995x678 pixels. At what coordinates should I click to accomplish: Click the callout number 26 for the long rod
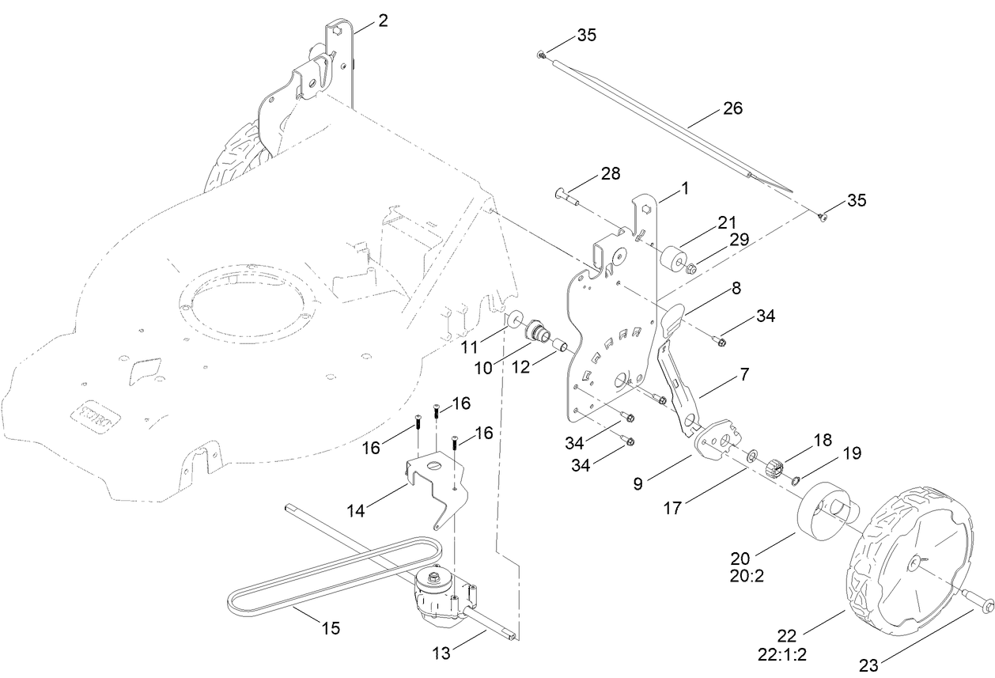point(732,108)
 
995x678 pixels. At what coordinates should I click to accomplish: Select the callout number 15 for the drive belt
point(331,628)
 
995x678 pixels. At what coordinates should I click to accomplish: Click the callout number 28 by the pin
point(611,173)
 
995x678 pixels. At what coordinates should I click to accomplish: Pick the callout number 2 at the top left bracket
point(383,21)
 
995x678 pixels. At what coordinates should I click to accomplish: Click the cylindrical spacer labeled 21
point(675,259)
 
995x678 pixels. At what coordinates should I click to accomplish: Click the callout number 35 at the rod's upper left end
point(586,36)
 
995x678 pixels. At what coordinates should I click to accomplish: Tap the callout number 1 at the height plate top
point(684,188)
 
